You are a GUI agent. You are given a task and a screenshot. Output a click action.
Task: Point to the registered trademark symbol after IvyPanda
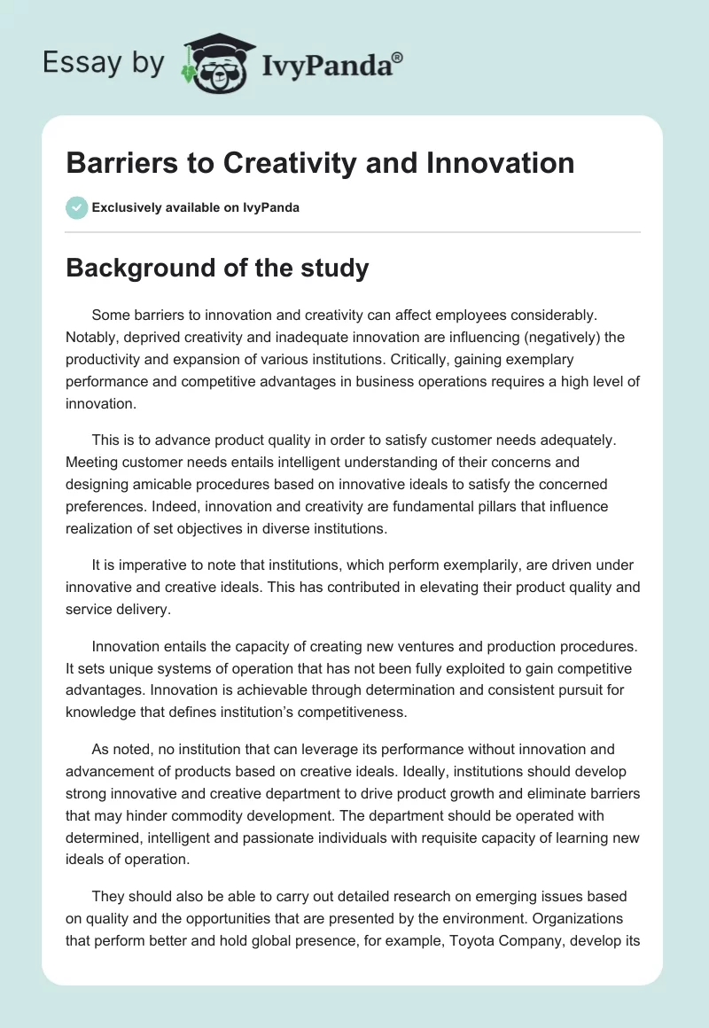(x=398, y=57)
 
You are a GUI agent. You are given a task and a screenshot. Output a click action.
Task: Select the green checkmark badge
(x=76, y=207)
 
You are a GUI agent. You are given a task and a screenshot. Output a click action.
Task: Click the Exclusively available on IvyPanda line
(x=196, y=207)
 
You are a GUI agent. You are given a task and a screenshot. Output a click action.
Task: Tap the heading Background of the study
(x=217, y=269)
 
